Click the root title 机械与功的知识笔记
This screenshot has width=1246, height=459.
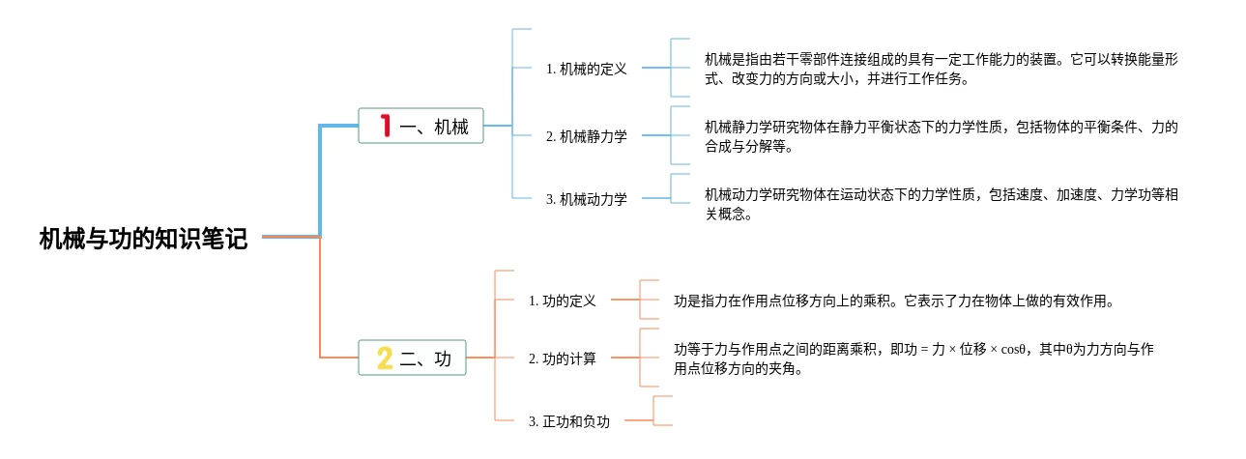(143, 239)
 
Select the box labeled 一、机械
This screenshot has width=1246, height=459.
(421, 126)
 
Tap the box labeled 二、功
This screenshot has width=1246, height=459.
(412, 358)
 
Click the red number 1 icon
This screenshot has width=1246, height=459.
(386, 126)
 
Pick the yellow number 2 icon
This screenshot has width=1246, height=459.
(385, 358)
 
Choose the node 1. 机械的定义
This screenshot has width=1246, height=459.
(587, 69)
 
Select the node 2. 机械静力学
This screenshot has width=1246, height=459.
(587, 135)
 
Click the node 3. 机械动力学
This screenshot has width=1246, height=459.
(587, 199)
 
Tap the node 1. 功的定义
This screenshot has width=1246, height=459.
(563, 301)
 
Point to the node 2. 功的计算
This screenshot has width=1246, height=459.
(563, 359)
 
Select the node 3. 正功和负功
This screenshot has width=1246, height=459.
(569, 421)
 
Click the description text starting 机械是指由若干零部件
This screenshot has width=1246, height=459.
(942, 69)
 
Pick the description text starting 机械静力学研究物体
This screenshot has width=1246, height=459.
(942, 137)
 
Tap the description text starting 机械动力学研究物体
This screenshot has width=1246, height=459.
(942, 204)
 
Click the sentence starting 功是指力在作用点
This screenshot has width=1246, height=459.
(895, 301)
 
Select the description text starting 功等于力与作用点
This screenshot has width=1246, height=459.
(913, 359)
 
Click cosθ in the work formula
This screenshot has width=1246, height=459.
(1013, 350)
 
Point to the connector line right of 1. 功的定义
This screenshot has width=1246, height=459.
(625, 300)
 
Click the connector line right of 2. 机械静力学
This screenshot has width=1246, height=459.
(656, 135)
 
